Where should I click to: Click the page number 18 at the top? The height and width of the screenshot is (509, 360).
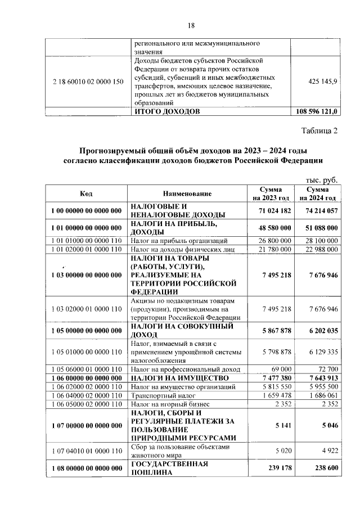click(191, 25)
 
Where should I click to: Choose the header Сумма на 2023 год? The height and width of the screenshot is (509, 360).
click(271, 194)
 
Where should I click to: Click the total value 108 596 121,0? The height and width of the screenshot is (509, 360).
click(316, 111)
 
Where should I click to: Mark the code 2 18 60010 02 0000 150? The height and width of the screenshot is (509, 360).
click(86, 82)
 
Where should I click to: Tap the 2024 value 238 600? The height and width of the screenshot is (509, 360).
click(322, 468)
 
